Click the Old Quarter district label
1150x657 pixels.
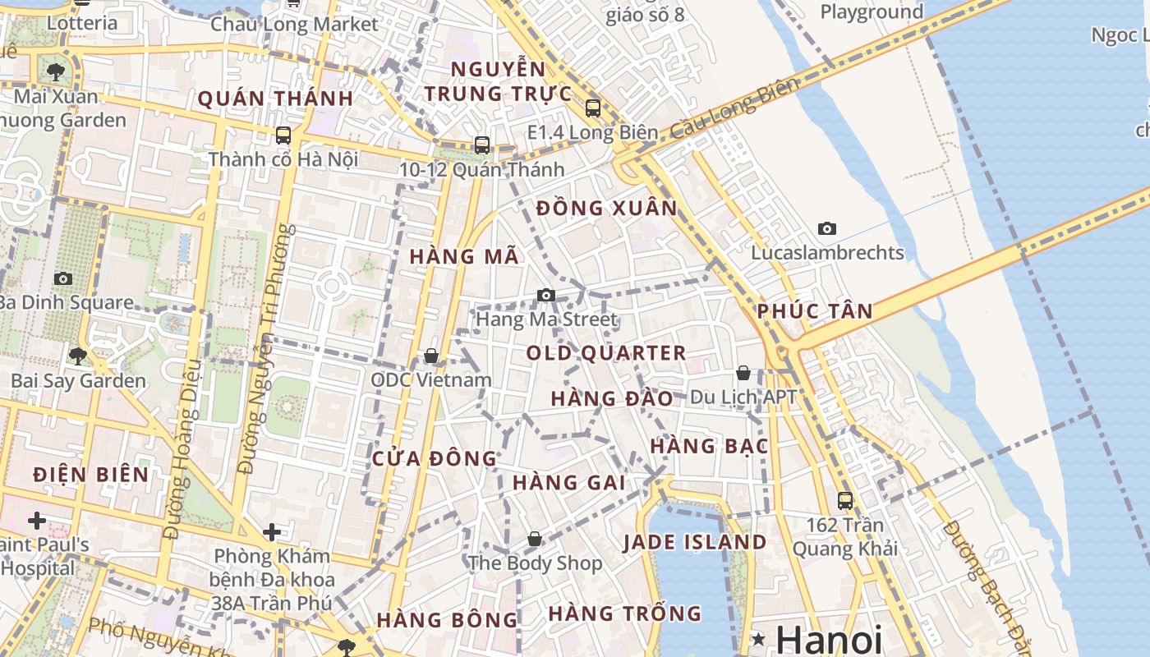pos(606,353)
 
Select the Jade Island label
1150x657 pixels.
pos(694,542)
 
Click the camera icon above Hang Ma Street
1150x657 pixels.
pos(546,295)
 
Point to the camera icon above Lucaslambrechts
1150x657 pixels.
pos(827,228)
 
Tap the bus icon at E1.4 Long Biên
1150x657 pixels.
pos(593,108)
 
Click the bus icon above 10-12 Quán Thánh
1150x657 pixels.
pos(482,145)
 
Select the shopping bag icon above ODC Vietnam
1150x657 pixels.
pos(431,356)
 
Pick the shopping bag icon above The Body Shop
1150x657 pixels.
pos(535,539)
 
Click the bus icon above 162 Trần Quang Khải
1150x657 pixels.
pos(844,500)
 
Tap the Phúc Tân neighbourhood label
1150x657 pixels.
pos(815,311)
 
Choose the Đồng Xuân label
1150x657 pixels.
pos(607,209)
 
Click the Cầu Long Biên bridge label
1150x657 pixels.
pos(734,109)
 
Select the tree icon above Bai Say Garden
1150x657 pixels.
pos(78,356)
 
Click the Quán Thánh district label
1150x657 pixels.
pos(275,99)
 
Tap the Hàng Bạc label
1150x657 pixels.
pos(710,446)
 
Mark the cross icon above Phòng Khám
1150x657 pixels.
pos(272,532)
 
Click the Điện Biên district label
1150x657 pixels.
pos(91,474)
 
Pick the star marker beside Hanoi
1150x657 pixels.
pos(758,638)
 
